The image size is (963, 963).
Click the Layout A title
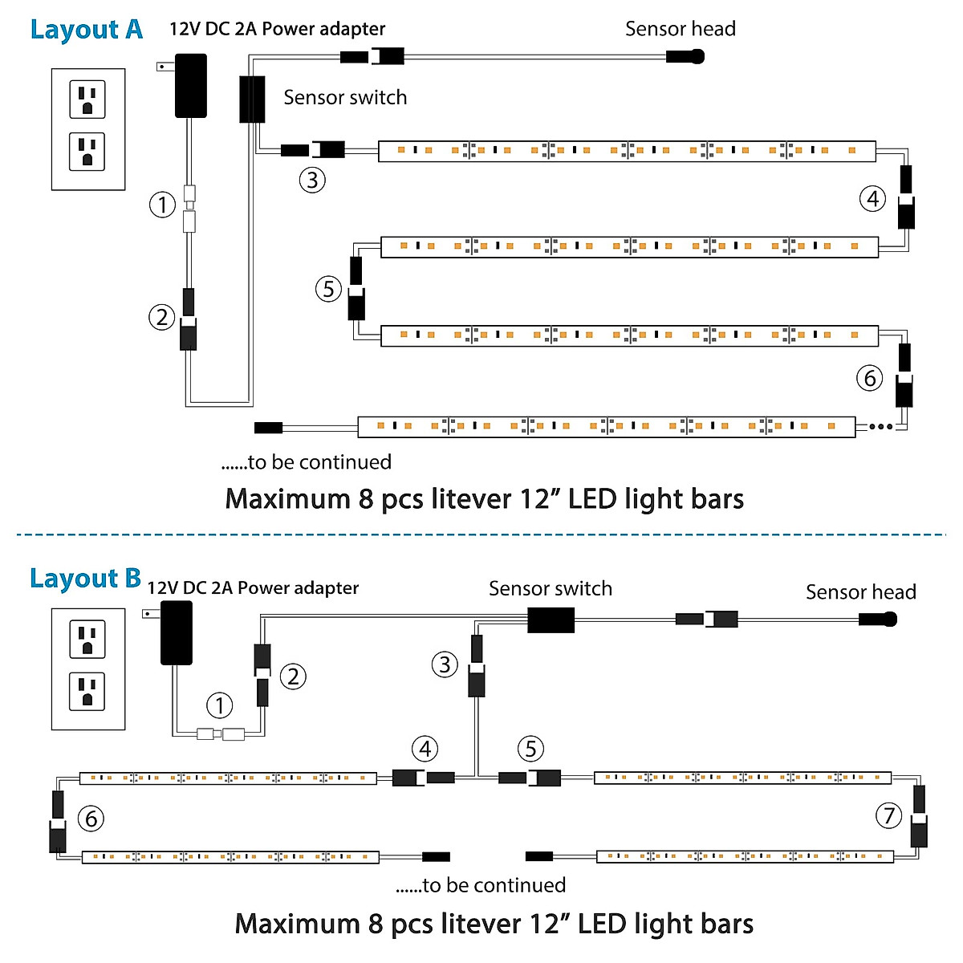[86, 30]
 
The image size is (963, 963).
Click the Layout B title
[85, 579]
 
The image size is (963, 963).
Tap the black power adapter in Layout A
[191, 86]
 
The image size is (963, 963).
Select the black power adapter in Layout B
[177, 633]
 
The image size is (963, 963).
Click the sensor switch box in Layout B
[551, 620]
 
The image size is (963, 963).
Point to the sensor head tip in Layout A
[696, 56]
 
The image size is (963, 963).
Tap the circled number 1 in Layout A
[163, 205]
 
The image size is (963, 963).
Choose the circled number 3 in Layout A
[312, 180]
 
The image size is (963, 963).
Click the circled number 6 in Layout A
[870, 378]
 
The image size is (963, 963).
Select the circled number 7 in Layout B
[888, 816]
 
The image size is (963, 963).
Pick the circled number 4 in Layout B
[425, 750]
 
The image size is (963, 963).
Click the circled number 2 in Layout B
[293, 677]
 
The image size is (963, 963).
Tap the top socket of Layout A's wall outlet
[87, 99]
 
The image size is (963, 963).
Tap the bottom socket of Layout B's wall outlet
[87, 692]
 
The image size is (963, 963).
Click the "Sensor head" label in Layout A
[680, 29]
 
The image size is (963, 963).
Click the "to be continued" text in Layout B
[481, 885]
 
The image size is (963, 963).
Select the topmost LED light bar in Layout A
[626, 150]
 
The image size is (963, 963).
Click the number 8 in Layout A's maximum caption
[366, 499]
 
